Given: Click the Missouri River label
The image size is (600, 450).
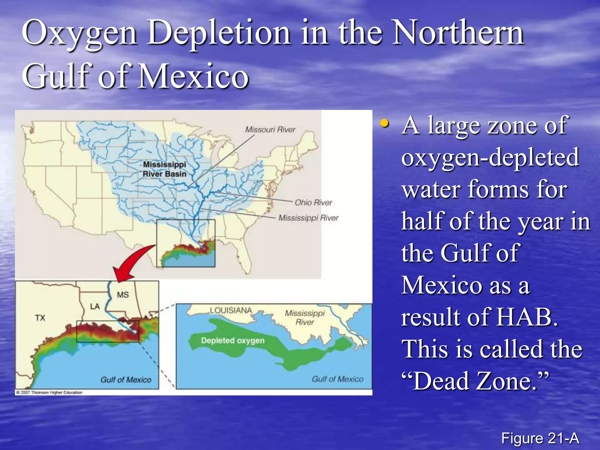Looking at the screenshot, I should (x=270, y=129).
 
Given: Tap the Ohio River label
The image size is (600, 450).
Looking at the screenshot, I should (x=313, y=202).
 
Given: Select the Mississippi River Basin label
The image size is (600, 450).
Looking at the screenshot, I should (x=164, y=169).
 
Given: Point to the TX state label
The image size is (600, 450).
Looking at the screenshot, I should (x=40, y=318).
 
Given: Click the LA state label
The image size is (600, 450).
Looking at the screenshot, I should (x=95, y=306).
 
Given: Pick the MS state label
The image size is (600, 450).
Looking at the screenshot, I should (x=123, y=295).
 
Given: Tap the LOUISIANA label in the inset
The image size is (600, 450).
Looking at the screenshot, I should (x=231, y=310).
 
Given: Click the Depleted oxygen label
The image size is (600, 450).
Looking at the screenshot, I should (x=233, y=340).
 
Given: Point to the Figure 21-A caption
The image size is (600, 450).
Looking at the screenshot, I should (x=540, y=438).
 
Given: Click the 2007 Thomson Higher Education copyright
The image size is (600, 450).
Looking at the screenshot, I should (x=49, y=392).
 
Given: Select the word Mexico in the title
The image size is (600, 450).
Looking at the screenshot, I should (x=193, y=76).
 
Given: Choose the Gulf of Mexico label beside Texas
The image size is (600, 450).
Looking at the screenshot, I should (x=126, y=380).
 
